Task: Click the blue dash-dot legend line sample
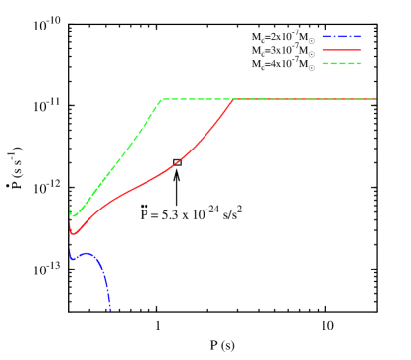[341, 36]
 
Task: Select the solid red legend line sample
[341, 49]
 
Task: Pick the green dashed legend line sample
[341, 63]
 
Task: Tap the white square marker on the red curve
[177, 162]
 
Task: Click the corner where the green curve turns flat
[162, 99]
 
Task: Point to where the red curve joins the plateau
[233, 99]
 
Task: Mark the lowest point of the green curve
[73, 215]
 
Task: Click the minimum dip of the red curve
[72, 234]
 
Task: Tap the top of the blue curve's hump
[87, 253]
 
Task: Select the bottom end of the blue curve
[110, 309]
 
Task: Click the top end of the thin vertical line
[69, 143]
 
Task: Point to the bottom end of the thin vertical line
[69, 311]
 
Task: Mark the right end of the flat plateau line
[375, 99]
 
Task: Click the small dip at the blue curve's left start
[71, 259]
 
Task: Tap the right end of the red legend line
[360, 49]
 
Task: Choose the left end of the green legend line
[323, 63]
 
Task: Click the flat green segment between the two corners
[197, 99]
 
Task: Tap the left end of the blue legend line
[323, 36]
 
